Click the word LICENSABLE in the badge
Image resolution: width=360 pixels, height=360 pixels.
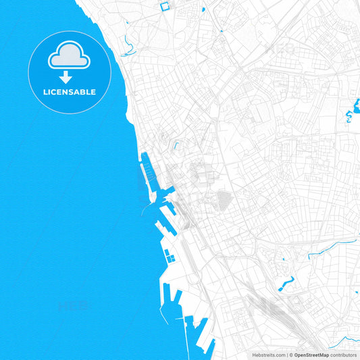[x=70, y=92]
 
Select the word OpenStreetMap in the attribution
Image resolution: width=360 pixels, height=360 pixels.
[x=311, y=355]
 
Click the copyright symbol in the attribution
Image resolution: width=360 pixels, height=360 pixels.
[x=291, y=355]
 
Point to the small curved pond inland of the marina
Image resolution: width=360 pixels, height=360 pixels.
[x=176, y=145]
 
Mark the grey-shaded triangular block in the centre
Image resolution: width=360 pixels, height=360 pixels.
[x=224, y=200]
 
